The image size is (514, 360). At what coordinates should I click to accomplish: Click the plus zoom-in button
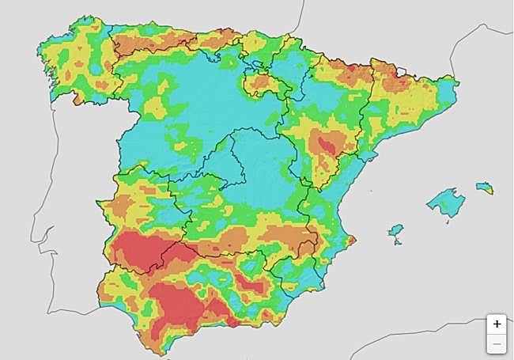(497, 324)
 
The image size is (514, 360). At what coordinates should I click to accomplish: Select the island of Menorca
(484, 188)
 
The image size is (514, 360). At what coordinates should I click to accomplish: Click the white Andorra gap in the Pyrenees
(400, 72)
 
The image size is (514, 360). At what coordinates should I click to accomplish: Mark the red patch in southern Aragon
(326, 144)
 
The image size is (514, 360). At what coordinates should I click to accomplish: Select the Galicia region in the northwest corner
(75, 67)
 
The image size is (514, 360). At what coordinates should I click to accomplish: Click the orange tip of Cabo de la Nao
(351, 240)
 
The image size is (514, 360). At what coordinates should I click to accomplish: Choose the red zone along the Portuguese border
(134, 249)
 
